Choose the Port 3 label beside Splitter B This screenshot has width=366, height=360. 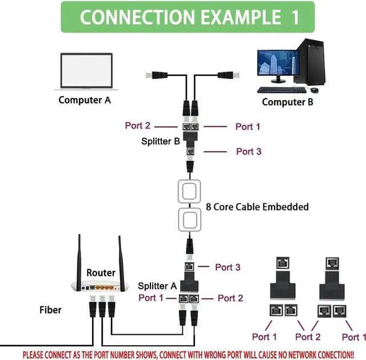coord(249,152)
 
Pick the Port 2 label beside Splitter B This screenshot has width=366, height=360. coord(137,126)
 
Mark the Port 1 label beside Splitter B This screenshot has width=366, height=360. coord(248,126)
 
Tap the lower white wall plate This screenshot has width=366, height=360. coord(190,220)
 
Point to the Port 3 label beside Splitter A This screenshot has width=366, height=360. coord(228,267)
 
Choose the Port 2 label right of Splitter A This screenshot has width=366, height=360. coord(230,298)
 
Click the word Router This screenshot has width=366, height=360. coord(101,273)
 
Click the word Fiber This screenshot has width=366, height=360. coord(50,310)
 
